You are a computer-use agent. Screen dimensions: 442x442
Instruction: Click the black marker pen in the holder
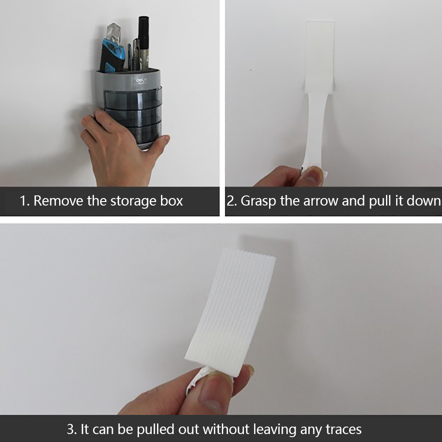pos(143,42)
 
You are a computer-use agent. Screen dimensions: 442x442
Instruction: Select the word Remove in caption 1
pos(59,201)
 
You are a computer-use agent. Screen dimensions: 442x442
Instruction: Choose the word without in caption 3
pos(226,429)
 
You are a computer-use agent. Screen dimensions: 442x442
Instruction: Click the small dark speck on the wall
pos(251,70)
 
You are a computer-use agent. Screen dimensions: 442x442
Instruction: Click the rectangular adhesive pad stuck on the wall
pos(320,56)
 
